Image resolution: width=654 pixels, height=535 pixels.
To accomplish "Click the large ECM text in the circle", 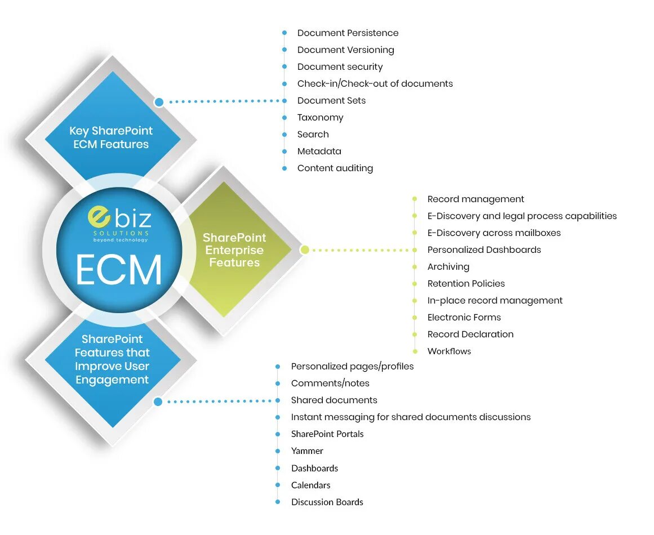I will click(119, 270).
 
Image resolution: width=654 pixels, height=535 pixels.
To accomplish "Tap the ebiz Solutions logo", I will click(119, 224).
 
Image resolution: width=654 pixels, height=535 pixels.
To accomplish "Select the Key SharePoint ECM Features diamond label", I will click(111, 137).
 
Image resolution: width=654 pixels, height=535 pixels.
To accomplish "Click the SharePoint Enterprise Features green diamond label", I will click(234, 250).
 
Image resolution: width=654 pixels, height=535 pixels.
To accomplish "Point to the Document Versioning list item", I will click(345, 50).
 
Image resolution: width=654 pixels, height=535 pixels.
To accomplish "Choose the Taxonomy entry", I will click(320, 117).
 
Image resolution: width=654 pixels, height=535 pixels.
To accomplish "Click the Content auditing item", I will click(335, 168).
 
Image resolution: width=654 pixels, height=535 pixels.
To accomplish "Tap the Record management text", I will click(475, 199).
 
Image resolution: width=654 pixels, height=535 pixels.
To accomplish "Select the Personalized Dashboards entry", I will click(484, 249).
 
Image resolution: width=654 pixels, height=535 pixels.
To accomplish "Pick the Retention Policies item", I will click(466, 283).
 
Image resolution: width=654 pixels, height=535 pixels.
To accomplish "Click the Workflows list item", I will click(449, 351).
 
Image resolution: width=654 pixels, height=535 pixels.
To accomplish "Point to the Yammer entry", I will click(307, 451).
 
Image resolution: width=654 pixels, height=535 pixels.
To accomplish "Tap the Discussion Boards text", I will click(327, 502).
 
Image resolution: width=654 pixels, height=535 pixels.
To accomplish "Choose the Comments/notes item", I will click(330, 383).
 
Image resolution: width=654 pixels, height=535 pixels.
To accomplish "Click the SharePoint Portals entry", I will click(327, 434).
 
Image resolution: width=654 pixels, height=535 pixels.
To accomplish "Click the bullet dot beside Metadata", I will click(284, 151).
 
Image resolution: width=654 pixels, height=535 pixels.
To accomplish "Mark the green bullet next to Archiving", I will click(415, 266).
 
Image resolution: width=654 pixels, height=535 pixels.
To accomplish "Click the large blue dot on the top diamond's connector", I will click(159, 102).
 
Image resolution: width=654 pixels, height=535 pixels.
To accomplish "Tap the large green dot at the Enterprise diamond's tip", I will click(304, 249).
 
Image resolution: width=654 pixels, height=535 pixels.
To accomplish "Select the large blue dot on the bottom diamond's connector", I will click(158, 402).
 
